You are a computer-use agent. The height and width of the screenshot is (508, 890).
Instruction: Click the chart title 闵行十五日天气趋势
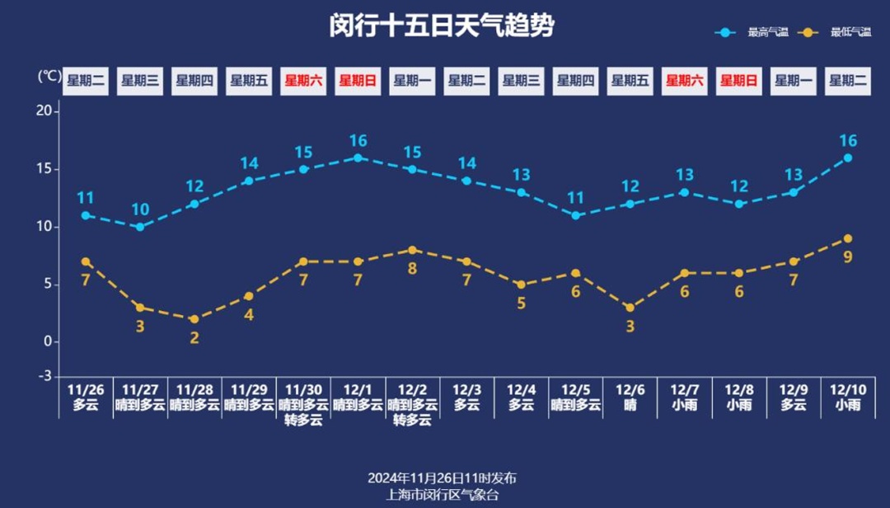pos(442,26)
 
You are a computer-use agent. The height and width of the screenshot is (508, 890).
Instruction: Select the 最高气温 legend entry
pos(767,32)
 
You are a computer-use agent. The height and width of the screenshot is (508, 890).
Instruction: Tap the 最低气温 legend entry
pos(850,32)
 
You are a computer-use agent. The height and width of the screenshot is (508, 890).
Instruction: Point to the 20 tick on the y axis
pos(44,111)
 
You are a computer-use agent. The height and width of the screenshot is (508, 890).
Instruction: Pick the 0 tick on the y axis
pos(47,341)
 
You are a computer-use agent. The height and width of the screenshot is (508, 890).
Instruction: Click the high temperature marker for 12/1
pos(358,158)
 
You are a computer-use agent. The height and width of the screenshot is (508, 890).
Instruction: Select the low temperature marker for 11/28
pos(194,319)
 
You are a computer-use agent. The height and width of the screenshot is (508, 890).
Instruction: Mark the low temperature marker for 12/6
pos(630,308)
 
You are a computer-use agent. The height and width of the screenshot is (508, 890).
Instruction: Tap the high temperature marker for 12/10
pos(848,158)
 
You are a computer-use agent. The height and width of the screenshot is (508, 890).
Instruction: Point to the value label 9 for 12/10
pos(848,256)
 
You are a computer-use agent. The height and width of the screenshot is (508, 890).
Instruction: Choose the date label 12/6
pos(630,389)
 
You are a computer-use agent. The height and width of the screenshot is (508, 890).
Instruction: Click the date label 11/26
pos(86,389)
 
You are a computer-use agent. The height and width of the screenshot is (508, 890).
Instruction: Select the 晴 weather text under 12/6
pos(630,405)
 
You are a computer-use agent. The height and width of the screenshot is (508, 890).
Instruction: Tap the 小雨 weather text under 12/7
pos(684,405)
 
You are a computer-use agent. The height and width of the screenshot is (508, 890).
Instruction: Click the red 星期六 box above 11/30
pos(303,81)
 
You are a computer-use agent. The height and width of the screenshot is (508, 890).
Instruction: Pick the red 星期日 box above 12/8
pos(738,81)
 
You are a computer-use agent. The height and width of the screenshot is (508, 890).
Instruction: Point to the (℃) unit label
pos(49,77)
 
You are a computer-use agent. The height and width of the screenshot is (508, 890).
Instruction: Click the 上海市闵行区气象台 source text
pos(443,494)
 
